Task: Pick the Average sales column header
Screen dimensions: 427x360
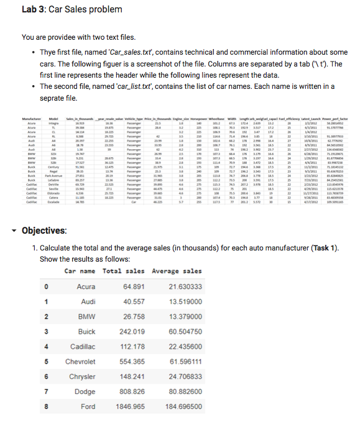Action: click(x=177, y=271)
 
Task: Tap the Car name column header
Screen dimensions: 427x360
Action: click(x=80, y=271)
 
